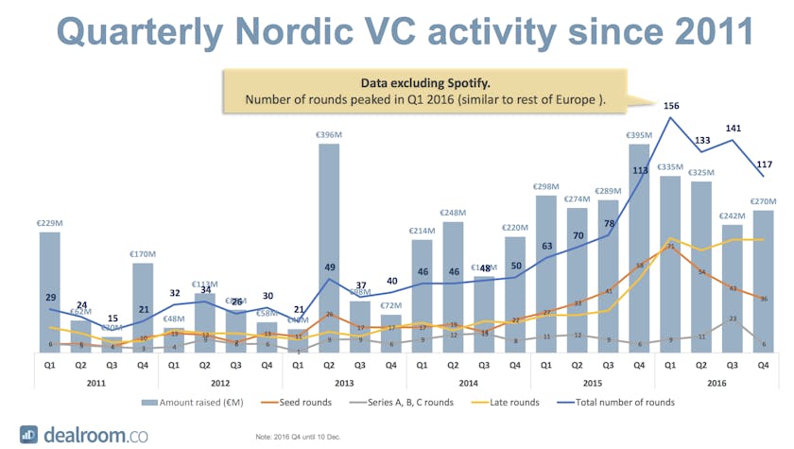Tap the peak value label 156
tap(670, 106)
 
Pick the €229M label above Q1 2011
tap(49, 223)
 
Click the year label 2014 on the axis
tap(468, 382)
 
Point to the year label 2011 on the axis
tap(95, 382)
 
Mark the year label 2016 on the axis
tap(716, 382)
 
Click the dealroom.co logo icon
tap(29, 434)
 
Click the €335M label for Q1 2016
tap(670, 166)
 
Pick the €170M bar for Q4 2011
tap(142, 308)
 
